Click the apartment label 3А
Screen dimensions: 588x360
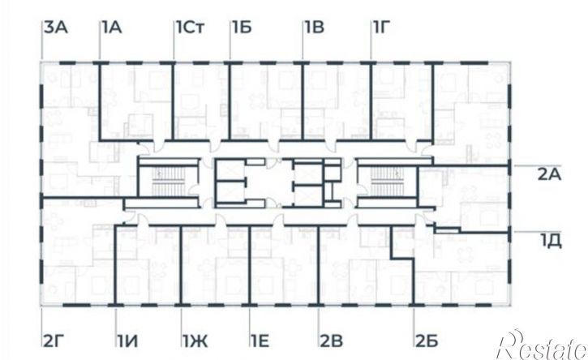[x=56, y=28]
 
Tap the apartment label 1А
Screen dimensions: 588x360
[x=111, y=28]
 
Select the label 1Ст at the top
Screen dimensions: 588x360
[x=190, y=28]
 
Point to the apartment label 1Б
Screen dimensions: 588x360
[x=242, y=28]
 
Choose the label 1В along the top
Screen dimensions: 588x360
[x=315, y=28]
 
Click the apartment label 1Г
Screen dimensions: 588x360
[x=380, y=28]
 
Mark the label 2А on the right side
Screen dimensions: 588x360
[x=549, y=174]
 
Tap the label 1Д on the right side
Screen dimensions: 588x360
[x=551, y=241]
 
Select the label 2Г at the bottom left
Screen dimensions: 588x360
[x=52, y=341]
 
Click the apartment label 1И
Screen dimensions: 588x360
[x=127, y=341]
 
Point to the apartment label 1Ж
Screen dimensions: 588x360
[x=195, y=341]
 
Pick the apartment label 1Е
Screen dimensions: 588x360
[x=260, y=341]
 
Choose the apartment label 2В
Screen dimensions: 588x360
[x=332, y=341]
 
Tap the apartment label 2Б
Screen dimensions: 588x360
[x=427, y=341]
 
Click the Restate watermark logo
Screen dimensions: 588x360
[x=542, y=345]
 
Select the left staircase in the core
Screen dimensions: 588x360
[x=169, y=182]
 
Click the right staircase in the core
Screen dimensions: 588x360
[x=386, y=182]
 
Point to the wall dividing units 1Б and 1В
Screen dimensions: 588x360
[x=303, y=101]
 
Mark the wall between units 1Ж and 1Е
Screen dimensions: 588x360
[x=249, y=265]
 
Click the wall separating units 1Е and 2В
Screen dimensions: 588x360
[x=318, y=265]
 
